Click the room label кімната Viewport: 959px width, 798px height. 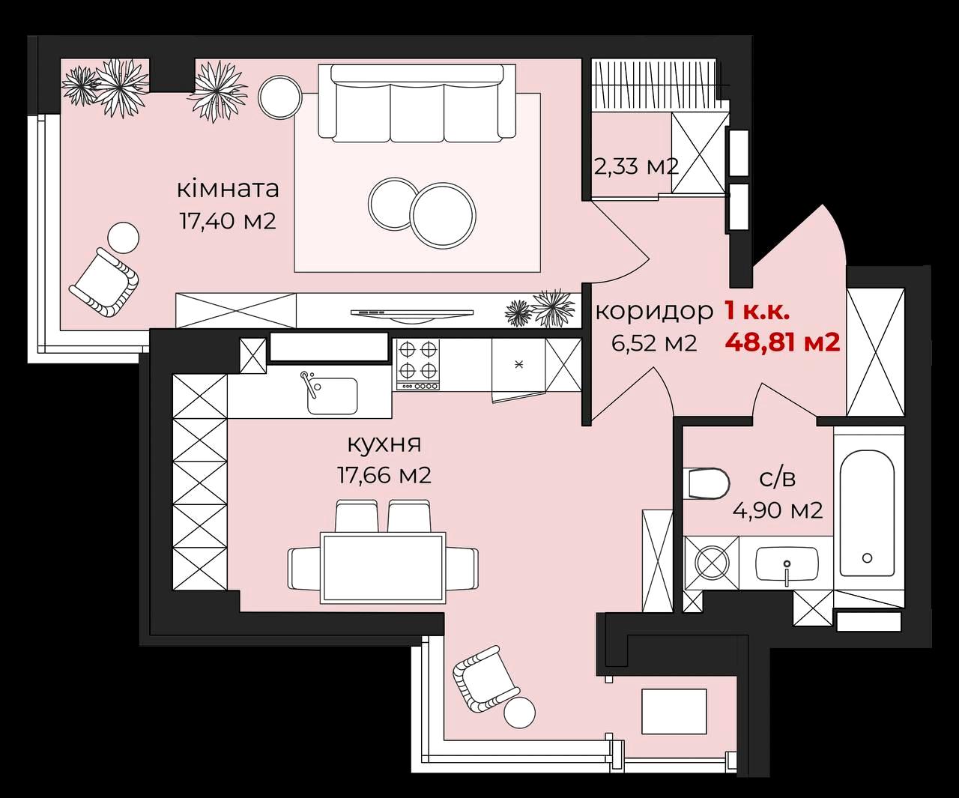[x=228, y=189]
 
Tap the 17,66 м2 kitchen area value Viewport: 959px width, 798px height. [x=384, y=475]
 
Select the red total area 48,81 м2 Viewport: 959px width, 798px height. [x=783, y=342]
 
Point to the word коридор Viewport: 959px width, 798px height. [x=654, y=312]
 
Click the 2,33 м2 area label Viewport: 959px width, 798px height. [x=636, y=166]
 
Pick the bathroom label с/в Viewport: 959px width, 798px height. [x=777, y=479]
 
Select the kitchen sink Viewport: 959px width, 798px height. [x=332, y=395]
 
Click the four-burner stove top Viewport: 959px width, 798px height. [x=417, y=365]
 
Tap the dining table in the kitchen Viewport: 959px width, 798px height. [x=383, y=567]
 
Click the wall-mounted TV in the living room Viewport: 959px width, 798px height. [x=411, y=313]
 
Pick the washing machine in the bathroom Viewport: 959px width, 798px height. [x=712, y=562]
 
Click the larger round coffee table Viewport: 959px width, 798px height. [x=442, y=214]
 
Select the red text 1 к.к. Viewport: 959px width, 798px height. [x=757, y=312]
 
